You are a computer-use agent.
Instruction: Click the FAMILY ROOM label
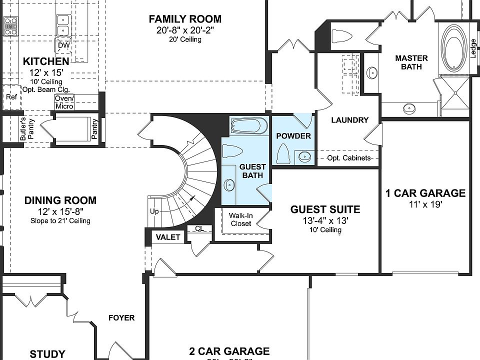tap(185, 19)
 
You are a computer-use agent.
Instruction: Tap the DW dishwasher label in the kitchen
tap(63, 46)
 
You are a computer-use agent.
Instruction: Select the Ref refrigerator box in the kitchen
tap(11, 97)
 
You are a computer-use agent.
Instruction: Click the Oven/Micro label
tap(64, 102)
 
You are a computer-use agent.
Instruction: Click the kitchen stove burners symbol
tap(10, 25)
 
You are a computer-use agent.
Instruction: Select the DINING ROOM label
tap(60, 200)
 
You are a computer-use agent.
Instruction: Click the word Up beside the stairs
tap(154, 211)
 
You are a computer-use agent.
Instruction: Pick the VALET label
tap(168, 237)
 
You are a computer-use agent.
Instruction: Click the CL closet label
tap(199, 229)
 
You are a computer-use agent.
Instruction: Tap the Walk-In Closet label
tap(240, 219)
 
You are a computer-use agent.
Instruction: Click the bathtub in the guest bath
tap(249, 126)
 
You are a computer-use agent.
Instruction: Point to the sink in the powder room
tap(304, 157)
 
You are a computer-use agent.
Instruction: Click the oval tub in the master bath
tap(453, 48)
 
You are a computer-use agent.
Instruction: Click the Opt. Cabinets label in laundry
tap(349, 158)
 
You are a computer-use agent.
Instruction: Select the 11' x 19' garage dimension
tap(425, 204)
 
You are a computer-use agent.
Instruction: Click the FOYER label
tap(121, 317)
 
